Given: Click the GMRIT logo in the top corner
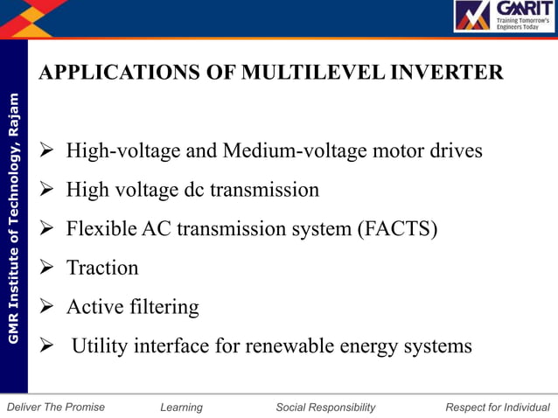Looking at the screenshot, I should click(504, 17).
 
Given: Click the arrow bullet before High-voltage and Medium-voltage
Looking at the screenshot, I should click(49, 151).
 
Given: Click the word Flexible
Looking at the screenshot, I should click(97, 229).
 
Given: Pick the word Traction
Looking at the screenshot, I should click(102, 268).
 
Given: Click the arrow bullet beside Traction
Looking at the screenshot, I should click(49, 268).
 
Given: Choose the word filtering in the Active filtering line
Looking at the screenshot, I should click(165, 307).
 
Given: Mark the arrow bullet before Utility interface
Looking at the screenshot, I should click(49, 346).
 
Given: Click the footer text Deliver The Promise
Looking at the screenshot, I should click(55, 408).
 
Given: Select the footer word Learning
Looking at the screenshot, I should click(181, 408).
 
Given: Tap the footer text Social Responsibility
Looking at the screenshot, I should click(325, 408).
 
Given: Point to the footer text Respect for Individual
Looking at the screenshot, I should click(498, 408).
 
